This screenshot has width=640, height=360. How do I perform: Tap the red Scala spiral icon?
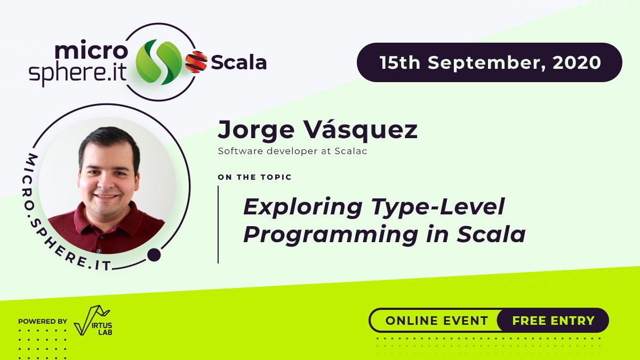[x=196, y=62]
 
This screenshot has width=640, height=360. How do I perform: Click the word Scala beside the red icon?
[x=238, y=63]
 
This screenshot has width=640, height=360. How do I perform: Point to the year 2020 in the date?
[x=577, y=62]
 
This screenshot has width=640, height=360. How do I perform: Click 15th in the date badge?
[x=400, y=62]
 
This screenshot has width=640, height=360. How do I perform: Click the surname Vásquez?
[x=361, y=131]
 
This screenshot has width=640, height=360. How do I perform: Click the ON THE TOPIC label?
[x=255, y=177]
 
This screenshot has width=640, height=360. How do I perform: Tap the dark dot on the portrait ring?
[x=154, y=255]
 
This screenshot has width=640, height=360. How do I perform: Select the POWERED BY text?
[x=43, y=322]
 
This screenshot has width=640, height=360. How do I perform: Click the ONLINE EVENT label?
[x=437, y=321]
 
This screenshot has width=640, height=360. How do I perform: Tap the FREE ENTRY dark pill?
[x=553, y=321]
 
